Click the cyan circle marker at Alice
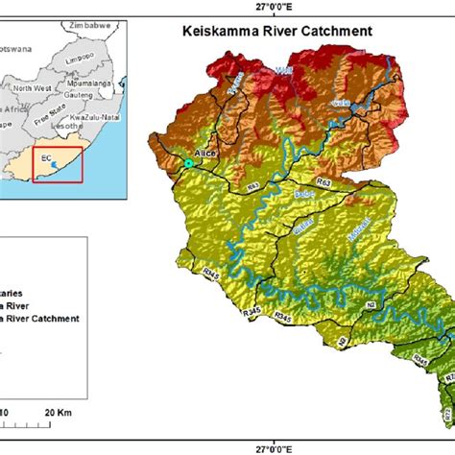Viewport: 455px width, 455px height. pyautogui.click(x=189, y=165)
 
